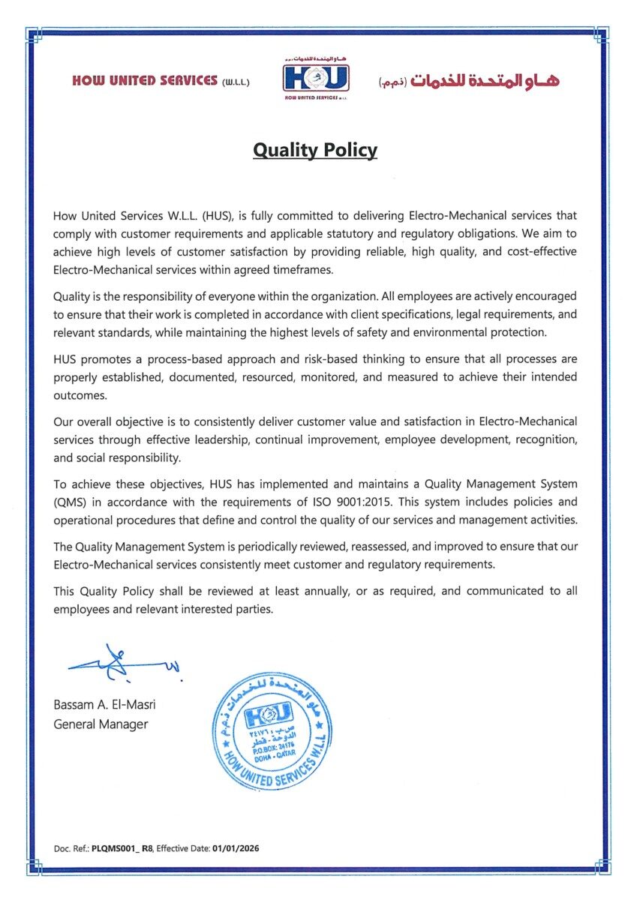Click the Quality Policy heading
click(x=315, y=150)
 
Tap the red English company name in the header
click(x=145, y=80)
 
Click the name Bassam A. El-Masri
click(x=104, y=705)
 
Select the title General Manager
click(x=101, y=724)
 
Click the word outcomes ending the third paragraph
click(x=81, y=394)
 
